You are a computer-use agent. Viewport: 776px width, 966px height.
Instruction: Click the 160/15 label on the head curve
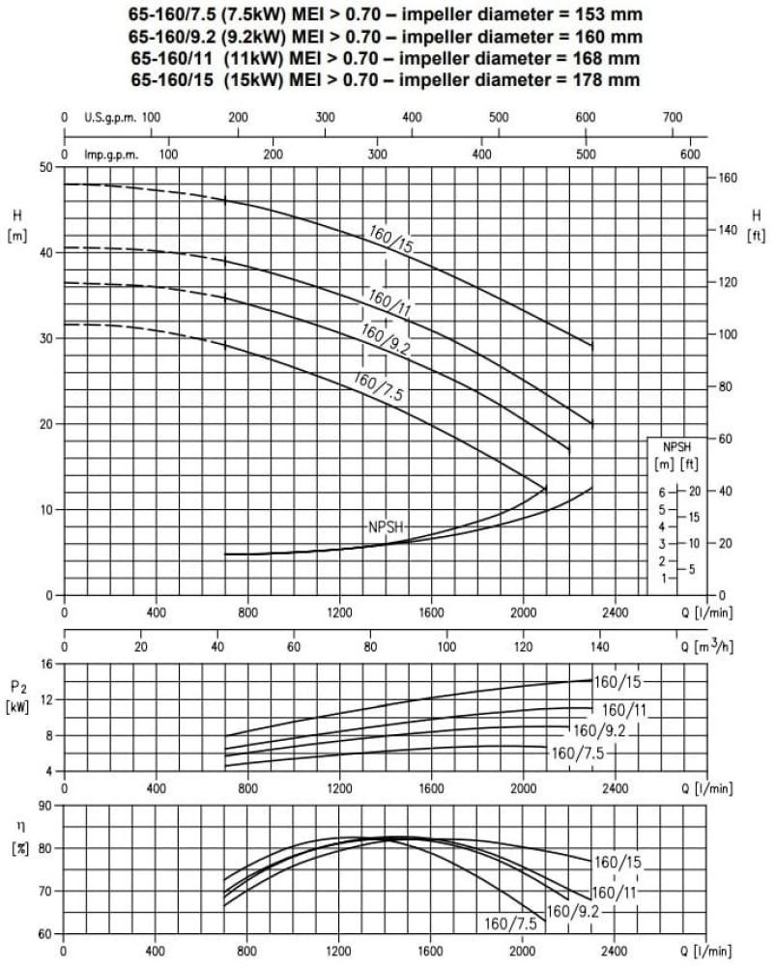point(390,240)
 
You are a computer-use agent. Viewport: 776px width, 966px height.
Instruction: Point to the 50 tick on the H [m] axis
point(46,167)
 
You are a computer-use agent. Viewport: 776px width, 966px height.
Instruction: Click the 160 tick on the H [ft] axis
point(728,178)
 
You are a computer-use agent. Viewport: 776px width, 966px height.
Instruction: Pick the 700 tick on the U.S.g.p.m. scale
point(673,117)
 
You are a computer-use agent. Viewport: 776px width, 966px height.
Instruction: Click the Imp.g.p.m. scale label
point(111,154)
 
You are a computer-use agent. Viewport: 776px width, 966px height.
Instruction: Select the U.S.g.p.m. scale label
point(108,117)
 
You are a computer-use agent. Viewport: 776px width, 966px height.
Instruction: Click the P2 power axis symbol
point(19,687)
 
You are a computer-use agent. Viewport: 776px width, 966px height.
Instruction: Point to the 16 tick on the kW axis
point(46,665)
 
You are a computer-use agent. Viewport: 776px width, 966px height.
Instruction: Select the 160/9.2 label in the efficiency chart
point(573,911)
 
